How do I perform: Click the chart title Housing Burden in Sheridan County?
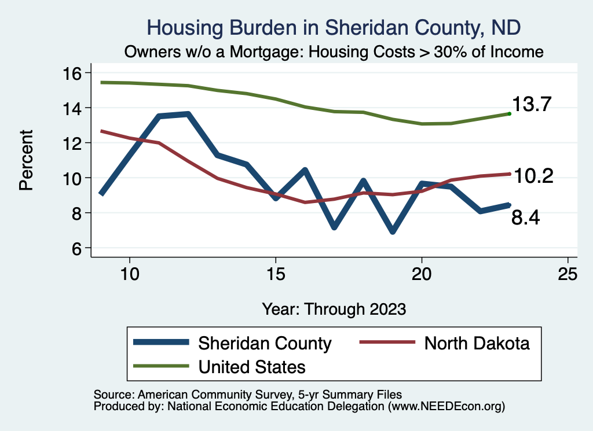334,27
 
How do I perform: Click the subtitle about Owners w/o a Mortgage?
334,51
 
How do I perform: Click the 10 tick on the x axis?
130,274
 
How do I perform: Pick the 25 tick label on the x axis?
568,274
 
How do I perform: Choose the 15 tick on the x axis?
276,274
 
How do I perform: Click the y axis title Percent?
25,161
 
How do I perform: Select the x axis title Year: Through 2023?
334,309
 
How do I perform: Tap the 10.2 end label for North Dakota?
534,176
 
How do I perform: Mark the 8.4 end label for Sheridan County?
525,218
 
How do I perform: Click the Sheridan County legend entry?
265,343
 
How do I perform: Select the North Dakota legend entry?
477,343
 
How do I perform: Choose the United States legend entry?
252,366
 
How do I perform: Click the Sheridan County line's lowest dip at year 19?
393,231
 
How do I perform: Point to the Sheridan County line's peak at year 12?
188,114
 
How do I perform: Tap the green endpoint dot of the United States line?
509,114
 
